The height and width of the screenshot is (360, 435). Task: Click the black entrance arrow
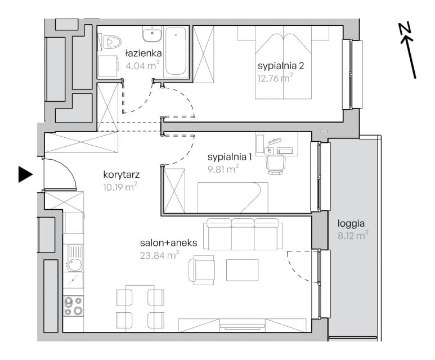25,174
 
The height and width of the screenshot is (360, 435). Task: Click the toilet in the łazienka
112,42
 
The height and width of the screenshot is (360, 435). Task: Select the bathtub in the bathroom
176,51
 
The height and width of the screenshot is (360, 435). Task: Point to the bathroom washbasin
152,34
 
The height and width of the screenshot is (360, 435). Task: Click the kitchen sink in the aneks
75,258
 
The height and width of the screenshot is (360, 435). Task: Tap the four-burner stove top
73,305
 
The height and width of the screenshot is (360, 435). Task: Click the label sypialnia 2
281,66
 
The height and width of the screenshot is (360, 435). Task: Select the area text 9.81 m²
223,169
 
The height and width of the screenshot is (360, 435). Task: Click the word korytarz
121,175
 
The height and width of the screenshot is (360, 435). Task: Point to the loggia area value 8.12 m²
353,236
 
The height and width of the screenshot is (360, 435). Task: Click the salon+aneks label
168,242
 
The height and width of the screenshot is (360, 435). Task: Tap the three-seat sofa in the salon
243,234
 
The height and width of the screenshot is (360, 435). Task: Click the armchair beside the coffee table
201,270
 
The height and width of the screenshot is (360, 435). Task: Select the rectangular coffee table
242,270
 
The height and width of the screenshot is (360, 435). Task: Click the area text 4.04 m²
142,65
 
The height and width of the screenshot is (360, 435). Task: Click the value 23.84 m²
159,255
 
